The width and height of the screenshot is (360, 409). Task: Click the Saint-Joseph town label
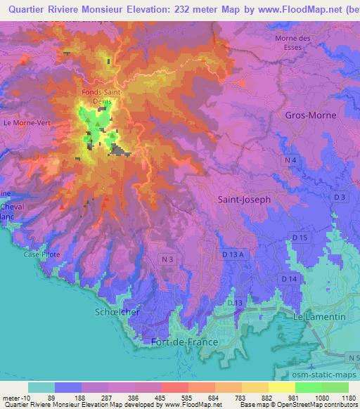click(244, 200)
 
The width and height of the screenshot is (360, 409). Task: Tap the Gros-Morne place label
click(311, 115)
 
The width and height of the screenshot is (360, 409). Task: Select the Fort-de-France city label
click(185, 342)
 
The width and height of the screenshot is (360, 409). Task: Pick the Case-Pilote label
click(42, 254)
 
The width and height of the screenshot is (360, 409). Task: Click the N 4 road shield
click(292, 161)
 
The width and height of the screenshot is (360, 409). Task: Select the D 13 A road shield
click(233, 254)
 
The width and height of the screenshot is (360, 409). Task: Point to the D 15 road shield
click(300, 238)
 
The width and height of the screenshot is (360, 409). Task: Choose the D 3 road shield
click(338, 197)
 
